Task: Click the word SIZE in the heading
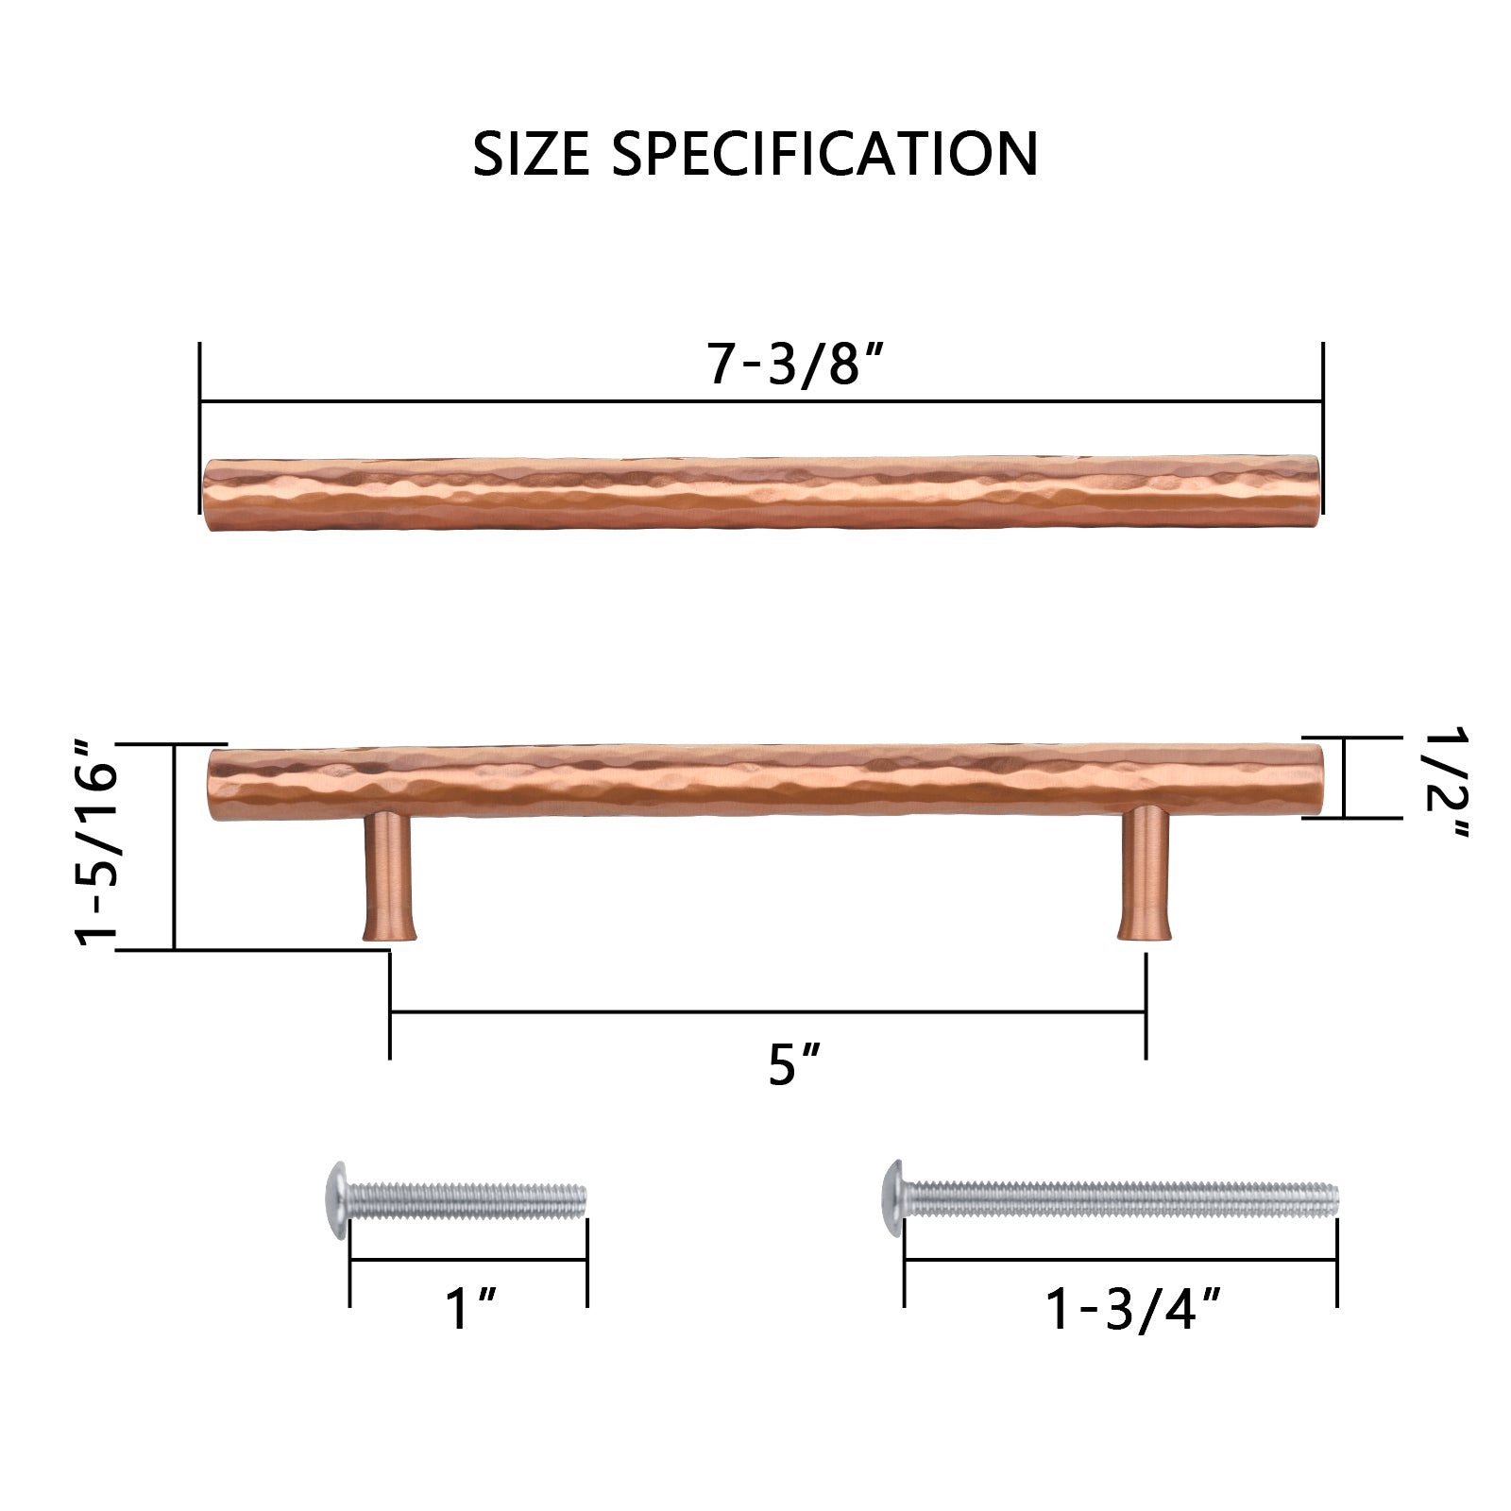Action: pyautogui.click(x=531, y=154)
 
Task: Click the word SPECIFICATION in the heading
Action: pyautogui.click(x=824, y=154)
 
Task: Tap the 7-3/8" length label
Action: pyautogui.click(x=795, y=364)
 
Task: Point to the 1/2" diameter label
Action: pyautogui.click(x=1445, y=782)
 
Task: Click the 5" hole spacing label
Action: pyautogui.click(x=793, y=1064)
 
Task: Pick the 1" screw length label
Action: pyautogui.click(x=470, y=1308)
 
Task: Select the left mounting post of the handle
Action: pyautogui.click(x=388, y=875)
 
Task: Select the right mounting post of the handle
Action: pyautogui.click(x=1145, y=875)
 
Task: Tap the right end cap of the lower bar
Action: pyautogui.click(x=1315, y=782)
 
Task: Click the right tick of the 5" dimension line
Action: pyautogui.click(x=1146, y=1006)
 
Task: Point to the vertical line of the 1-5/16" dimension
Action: pyautogui.click(x=175, y=846)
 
